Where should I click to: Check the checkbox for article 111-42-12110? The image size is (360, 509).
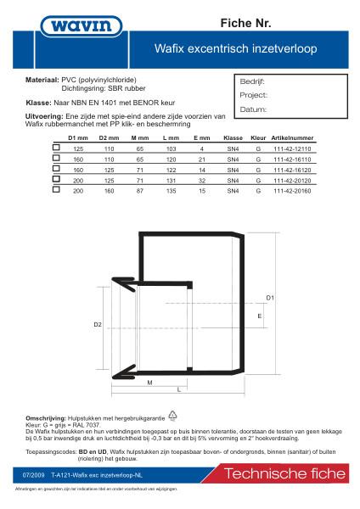57,148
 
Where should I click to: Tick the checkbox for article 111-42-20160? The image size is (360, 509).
57,191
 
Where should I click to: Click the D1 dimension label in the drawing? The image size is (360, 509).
270,298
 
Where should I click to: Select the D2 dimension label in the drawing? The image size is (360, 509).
98,324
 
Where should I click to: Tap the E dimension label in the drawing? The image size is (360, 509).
258,315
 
